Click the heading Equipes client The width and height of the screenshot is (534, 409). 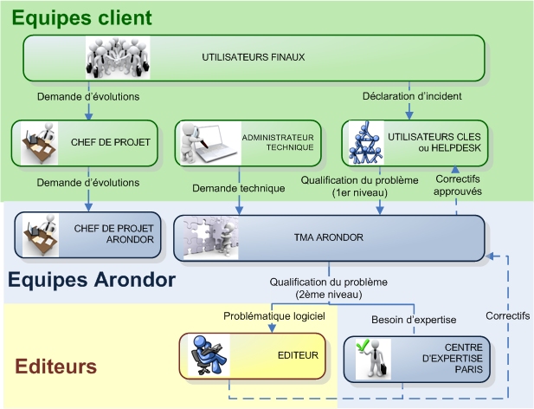click(x=81, y=18)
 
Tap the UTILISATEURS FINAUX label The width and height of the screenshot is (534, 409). click(x=254, y=57)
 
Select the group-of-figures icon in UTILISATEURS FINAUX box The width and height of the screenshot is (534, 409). click(x=118, y=57)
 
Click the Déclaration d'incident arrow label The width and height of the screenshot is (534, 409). click(x=412, y=96)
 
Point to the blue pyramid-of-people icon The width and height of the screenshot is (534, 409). click(x=366, y=143)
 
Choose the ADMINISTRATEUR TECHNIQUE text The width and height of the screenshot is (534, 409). click(x=278, y=142)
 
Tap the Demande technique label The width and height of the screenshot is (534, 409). click(x=238, y=188)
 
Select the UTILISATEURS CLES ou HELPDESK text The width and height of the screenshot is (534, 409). click(x=434, y=142)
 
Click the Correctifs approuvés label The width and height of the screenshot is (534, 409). click(x=458, y=185)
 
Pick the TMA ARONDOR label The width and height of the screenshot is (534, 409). click(x=329, y=237)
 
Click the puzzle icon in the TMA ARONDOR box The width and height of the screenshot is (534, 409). click(x=211, y=238)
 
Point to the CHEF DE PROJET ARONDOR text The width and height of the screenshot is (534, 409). click(x=113, y=234)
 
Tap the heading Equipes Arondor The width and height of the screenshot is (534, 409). click(x=92, y=280)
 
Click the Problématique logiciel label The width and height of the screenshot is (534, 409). click(x=274, y=316)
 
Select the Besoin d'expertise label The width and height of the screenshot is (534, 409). click(x=414, y=320)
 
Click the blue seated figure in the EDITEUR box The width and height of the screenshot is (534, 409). click(x=209, y=355)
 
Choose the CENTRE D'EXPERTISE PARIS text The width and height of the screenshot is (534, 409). click(x=453, y=358)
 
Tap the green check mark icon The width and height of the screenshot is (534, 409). click(x=361, y=346)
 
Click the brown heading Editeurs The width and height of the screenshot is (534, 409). click(x=56, y=367)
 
